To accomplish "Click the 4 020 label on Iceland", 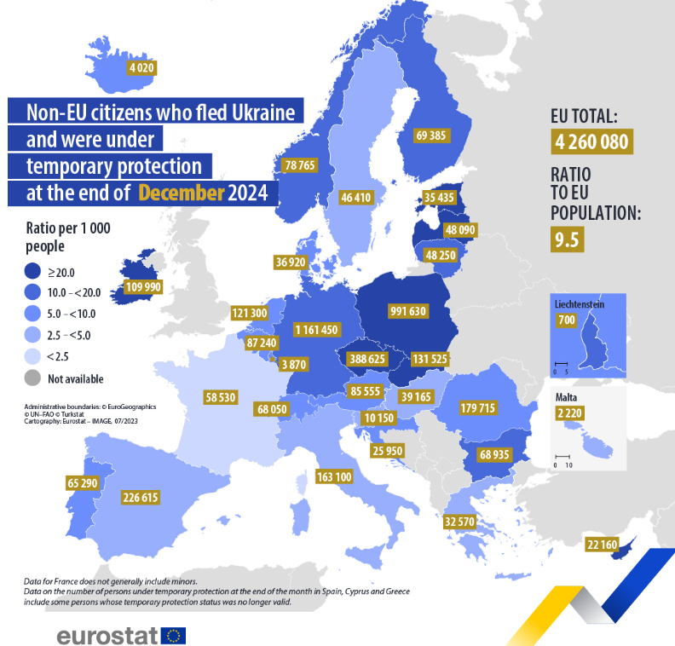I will click(141, 68).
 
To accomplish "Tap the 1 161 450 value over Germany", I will click(315, 329).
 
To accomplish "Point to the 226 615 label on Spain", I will click(141, 497).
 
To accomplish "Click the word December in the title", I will click(182, 192).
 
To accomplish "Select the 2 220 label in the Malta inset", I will click(569, 413).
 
